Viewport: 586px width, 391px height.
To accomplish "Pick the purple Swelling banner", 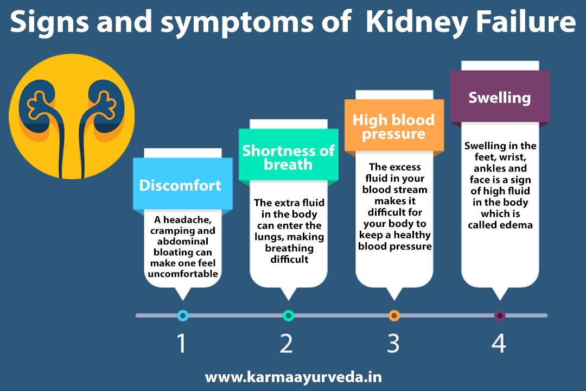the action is [500, 97].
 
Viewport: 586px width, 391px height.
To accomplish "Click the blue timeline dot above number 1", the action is [183, 316].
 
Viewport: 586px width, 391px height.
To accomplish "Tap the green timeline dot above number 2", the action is [289, 316].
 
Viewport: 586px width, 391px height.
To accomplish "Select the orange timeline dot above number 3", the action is [394, 316].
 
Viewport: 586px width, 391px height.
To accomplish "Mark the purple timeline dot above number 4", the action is [500, 316].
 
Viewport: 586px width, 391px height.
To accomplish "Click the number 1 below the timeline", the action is [182, 343].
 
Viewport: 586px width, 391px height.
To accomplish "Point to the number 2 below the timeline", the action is [286, 343].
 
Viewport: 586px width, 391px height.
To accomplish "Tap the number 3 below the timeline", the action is [393, 343].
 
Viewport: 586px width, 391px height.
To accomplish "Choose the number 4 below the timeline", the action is [499, 343].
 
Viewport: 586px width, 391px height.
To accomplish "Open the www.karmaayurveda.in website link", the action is [294, 377].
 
